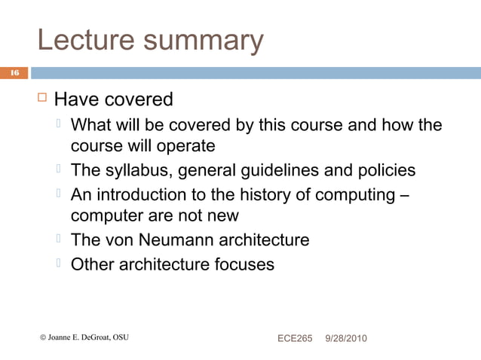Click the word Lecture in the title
(x=82, y=41)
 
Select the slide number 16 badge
(x=13, y=73)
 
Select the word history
(x=262, y=194)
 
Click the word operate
(x=184, y=145)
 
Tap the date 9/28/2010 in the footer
(x=345, y=338)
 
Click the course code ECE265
(x=294, y=338)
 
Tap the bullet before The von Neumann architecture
(x=59, y=240)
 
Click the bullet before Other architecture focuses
(x=59, y=264)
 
